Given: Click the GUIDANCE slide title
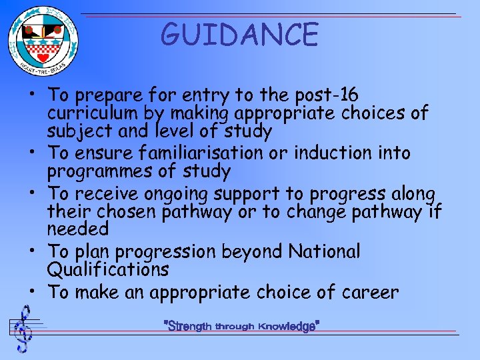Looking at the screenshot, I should [x=240, y=35].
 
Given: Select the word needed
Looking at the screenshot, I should [x=77, y=229].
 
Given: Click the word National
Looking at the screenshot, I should [x=324, y=251].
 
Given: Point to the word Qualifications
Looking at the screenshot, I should [x=108, y=270].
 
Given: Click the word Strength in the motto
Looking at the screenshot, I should [x=191, y=327].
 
